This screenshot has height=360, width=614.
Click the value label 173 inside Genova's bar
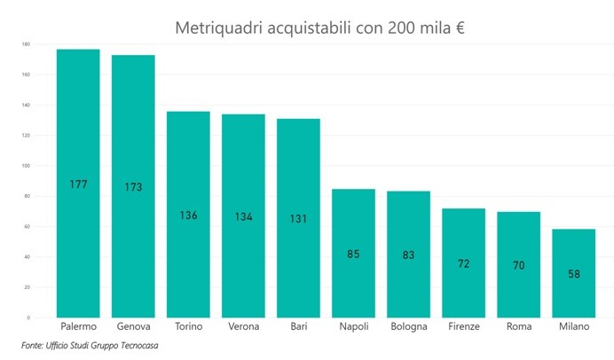(133, 187)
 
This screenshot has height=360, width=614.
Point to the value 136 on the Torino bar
(188, 215)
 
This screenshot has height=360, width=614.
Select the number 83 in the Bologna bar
(408, 255)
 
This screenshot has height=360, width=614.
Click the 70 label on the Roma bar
(518, 264)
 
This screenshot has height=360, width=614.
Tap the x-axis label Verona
(243, 327)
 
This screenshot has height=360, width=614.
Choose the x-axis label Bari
(298, 327)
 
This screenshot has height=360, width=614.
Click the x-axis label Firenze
(463, 327)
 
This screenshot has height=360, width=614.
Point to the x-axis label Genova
(133, 327)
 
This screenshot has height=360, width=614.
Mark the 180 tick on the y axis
(27, 44)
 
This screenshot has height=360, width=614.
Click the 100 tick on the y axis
(27, 166)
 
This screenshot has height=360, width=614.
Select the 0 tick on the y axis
(28, 317)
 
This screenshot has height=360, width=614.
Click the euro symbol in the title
(460, 27)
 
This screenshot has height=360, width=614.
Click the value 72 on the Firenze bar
(463, 263)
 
